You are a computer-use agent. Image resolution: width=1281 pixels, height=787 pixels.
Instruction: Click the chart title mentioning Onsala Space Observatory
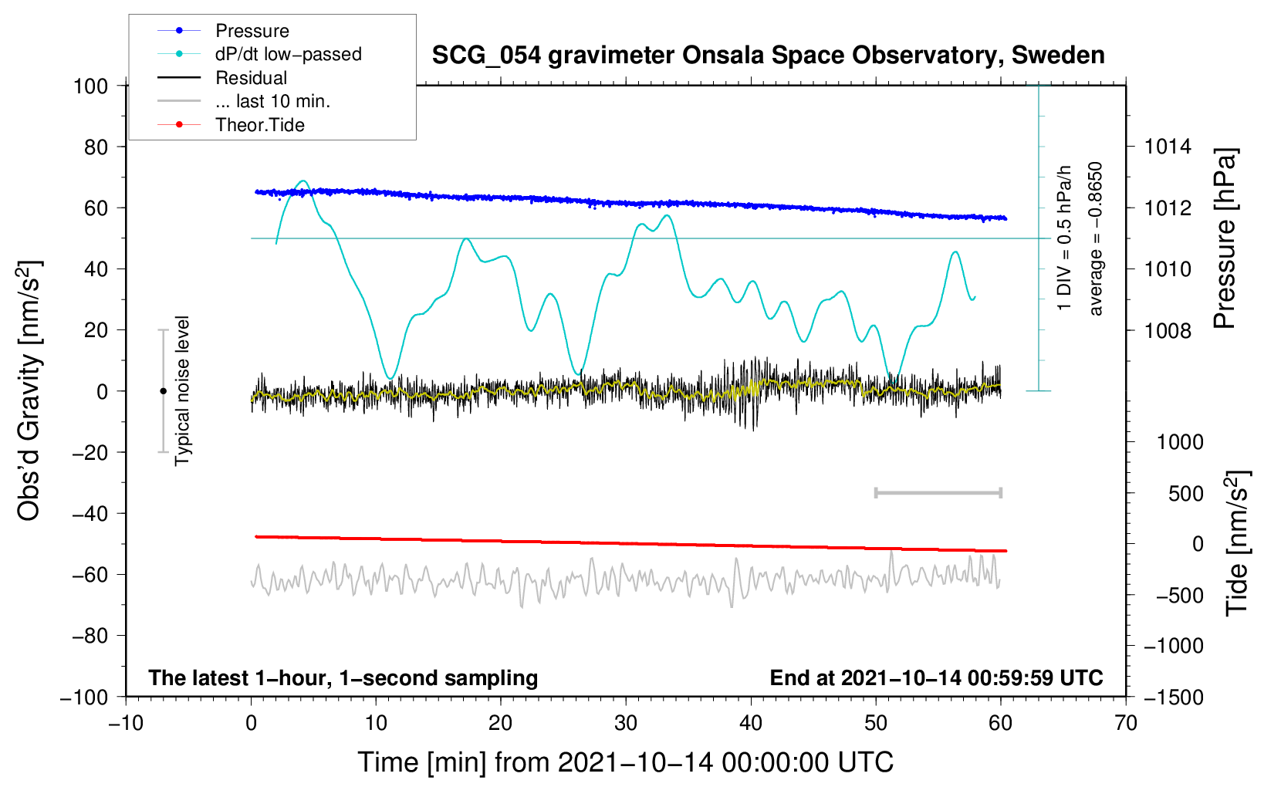(768, 56)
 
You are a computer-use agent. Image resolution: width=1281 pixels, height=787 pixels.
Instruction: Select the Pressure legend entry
(252, 31)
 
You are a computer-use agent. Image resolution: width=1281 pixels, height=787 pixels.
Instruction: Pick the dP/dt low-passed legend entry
(288, 54)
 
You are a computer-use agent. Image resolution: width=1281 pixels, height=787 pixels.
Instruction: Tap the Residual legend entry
(251, 78)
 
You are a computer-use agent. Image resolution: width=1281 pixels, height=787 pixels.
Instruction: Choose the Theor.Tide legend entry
(259, 125)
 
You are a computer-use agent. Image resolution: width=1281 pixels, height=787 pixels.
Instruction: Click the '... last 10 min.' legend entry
(272, 101)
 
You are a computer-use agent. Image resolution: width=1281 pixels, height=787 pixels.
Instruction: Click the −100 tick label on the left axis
(84, 697)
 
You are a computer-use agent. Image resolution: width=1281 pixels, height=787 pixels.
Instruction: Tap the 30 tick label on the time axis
(626, 723)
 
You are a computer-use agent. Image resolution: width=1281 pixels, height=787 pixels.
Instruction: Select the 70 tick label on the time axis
(1126, 723)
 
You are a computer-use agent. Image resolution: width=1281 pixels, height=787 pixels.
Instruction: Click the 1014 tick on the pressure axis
(1168, 147)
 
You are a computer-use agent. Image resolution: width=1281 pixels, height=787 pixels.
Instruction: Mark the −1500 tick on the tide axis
(1174, 697)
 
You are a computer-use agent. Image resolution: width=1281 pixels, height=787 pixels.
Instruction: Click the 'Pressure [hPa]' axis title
(1225, 238)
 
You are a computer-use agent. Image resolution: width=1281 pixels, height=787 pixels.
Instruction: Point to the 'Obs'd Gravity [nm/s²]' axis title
(29, 390)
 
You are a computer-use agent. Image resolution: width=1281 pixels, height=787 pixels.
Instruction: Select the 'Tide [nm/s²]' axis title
(1237, 542)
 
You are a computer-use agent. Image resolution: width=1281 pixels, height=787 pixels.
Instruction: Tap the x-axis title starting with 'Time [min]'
(626, 762)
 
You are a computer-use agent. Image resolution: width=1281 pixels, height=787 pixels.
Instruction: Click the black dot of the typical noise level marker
(163, 391)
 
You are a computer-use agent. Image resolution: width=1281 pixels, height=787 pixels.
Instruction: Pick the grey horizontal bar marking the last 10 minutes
(938, 492)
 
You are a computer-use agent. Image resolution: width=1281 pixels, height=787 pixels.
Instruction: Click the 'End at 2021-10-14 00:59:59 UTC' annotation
(936, 677)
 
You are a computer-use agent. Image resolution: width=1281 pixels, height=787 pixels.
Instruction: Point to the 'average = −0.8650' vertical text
(1096, 238)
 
